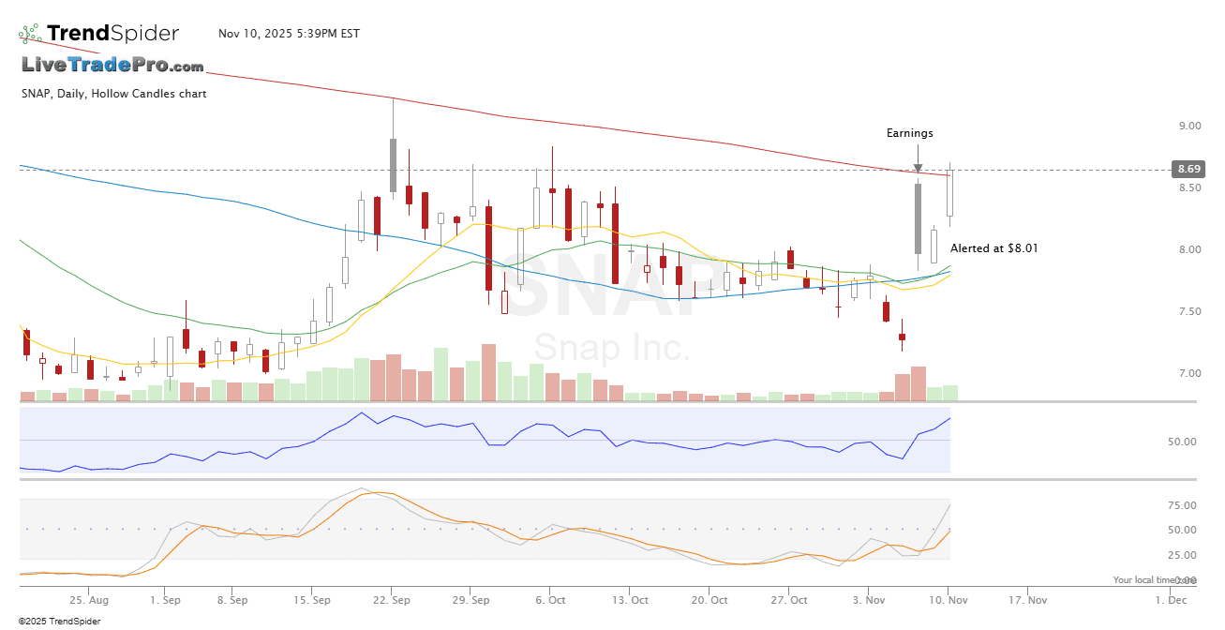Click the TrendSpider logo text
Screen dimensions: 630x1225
(x=112, y=34)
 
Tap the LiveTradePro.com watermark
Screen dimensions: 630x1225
(x=112, y=65)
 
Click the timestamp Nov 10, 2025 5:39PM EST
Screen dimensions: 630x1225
(x=289, y=34)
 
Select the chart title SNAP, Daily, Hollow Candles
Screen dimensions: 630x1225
(x=113, y=94)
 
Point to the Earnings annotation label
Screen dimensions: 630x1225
(x=910, y=133)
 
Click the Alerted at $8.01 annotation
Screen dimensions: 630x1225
(x=993, y=248)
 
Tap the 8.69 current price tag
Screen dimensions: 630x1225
(x=1189, y=170)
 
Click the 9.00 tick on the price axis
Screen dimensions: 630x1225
(x=1189, y=126)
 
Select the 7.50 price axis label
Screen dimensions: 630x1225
(x=1189, y=311)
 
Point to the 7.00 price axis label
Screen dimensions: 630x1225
(x=1189, y=373)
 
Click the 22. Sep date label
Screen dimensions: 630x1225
(x=393, y=599)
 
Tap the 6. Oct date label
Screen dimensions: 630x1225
(x=550, y=599)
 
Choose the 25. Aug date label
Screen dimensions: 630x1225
(x=89, y=599)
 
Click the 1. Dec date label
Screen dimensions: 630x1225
(x=1171, y=599)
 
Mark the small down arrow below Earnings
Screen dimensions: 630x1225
(x=918, y=169)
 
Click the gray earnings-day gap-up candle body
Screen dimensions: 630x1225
(x=918, y=218)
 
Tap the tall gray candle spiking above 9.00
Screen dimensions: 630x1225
(x=393, y=165)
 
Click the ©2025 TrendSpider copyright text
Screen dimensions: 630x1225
(x=60, y=621)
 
